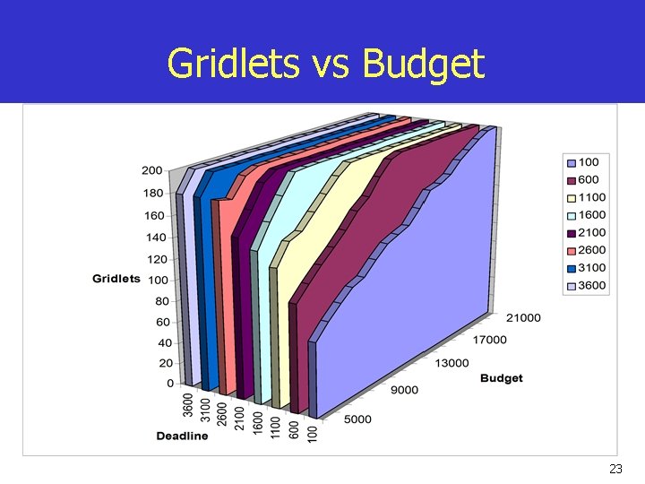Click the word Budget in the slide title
point(424,65)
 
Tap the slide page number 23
point(615,469)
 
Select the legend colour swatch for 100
point(570,162)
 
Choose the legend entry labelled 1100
point(590,197)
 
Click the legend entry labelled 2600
point(590,250)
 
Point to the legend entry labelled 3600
point(590,286)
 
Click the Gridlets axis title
point(116,279)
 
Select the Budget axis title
point(501,378)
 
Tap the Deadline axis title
point(182,436)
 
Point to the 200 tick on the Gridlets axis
point(151,170)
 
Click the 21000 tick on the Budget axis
point(522,318)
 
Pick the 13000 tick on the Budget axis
point(451,363)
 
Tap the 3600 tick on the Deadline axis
point(188,405)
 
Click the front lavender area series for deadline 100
point(403,296)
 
